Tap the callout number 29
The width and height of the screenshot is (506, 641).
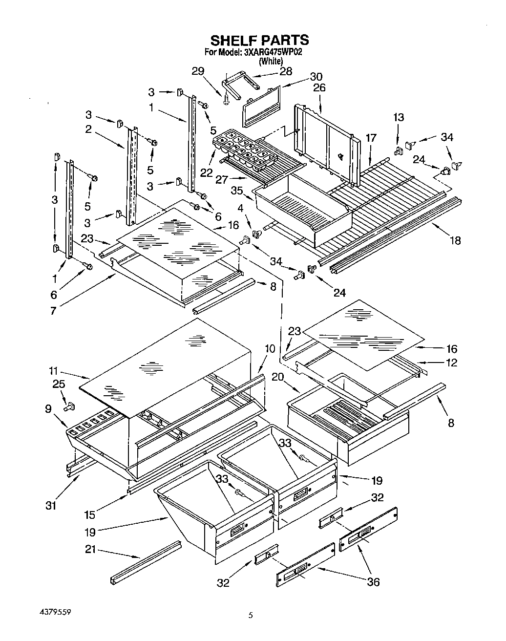click(198, 71)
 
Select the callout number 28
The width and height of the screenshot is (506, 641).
click(286, 71)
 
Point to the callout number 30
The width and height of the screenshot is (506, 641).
click(316, 77)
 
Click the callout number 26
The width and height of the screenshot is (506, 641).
click(319, 88)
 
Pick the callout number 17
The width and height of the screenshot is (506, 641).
click(371, 138)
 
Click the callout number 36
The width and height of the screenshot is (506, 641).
click(373, 582)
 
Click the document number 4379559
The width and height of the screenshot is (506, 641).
click(59, 612)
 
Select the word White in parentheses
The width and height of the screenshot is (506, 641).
click(271, 62)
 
